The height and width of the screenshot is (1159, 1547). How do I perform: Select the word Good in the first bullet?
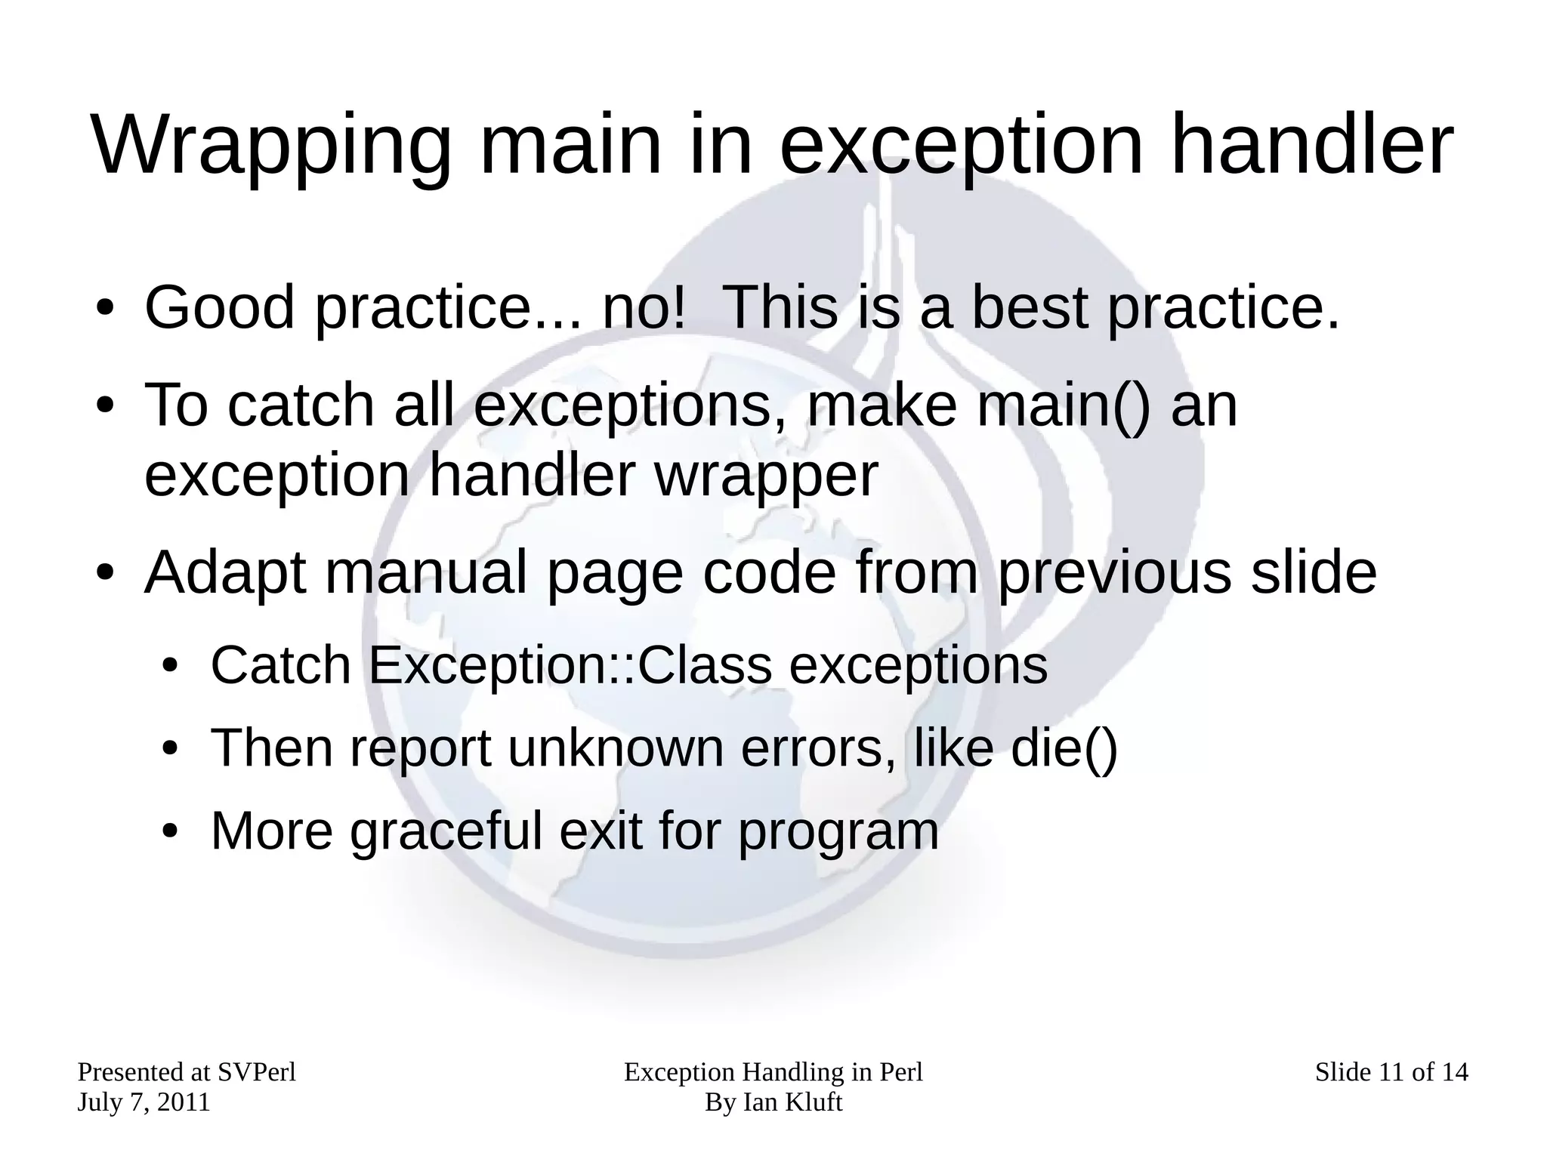point(219,307)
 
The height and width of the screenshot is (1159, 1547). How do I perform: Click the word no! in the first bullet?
point(644,307)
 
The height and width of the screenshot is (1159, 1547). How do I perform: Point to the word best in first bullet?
point(1029,307)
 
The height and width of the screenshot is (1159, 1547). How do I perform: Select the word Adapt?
point(225,573)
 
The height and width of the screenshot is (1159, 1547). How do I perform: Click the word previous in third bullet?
point(1115,573)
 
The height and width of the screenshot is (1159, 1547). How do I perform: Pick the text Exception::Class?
point(570,666)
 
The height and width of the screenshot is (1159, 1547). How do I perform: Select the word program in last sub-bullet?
point(838,833)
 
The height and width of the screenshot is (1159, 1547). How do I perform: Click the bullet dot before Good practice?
point(104,310)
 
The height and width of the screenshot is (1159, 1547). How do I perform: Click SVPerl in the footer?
point(256,1072)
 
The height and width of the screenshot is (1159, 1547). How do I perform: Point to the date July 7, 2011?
point(144,1102)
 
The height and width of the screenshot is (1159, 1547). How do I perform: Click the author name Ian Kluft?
point(792,1102)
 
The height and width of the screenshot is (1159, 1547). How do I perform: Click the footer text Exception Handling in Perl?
point(773,1072)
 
